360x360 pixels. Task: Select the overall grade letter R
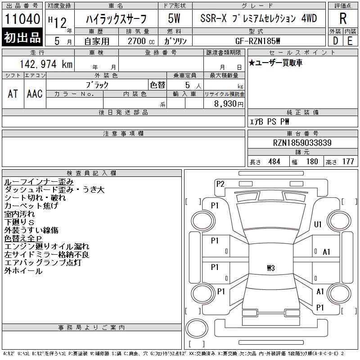[x=343, y=18]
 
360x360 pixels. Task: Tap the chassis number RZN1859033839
[x=302, y=143]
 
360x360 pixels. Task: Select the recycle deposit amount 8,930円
[x=225, y=103]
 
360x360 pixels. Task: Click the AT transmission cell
[x=13, y=94]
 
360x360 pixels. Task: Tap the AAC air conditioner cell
[x=35, y=94]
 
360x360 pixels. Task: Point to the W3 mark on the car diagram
[x=270, y=269]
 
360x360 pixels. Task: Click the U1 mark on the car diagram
[x=318, y=224]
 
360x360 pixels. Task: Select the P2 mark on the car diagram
[x=220, y=183]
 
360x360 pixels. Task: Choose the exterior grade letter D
[x=335, y=40]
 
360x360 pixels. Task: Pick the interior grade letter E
[x=350, y=40]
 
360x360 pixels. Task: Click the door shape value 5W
[x=175, y=18]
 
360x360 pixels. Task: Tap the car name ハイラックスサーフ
[x=116, y=18]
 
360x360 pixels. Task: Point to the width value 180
[x=312, y=162]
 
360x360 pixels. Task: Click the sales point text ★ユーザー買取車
[x=275, y=63]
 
